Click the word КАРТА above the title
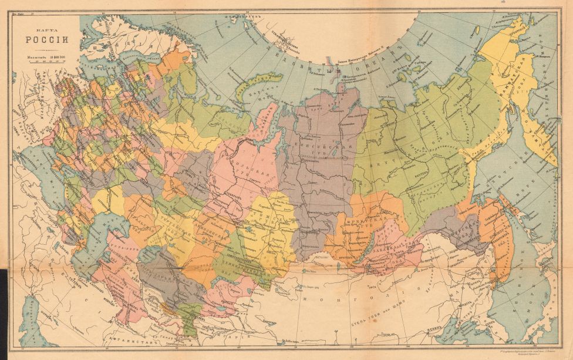click(x=46, y=28)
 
